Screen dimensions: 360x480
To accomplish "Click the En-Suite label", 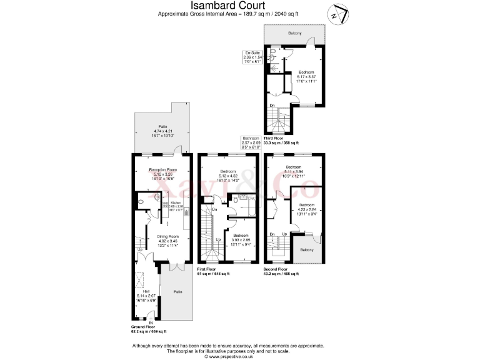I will (252, 52).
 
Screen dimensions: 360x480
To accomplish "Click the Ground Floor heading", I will (143, 326).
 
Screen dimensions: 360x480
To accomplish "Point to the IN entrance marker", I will (150, 322).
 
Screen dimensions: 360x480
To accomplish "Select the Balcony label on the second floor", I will (306, 249).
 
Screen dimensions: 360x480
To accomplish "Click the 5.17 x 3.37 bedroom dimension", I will (306, 76).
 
